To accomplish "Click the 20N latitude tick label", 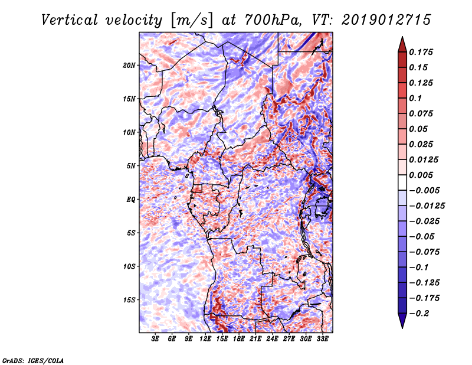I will pyautogui.click(x=130, y=65).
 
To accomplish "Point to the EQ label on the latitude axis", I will pyautogui.click(x=131, y=200).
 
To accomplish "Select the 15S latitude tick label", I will pyautogui.click(x=130, y=300).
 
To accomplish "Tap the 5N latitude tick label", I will pyautogui.click(x=132, y=166).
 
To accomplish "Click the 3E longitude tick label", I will pyautogui.click(x=156, y=340).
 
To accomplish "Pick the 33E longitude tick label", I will pyautogui.click(x=323, y=340).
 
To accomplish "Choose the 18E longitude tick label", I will pyautogui.click(x=239, y=340).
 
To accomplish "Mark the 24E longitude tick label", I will pyautogui.click(x=273, y=340).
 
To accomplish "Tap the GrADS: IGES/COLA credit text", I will pyautogui.click(x=33, y=360).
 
